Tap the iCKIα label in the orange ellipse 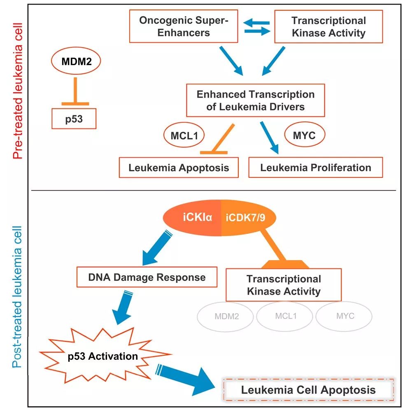tap(198, 217)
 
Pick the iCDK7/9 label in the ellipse tap(245, 217)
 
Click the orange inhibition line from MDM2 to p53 tap(75, 91)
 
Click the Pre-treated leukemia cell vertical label tap(18, 91)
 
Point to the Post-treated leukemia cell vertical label tap(17, 297)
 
